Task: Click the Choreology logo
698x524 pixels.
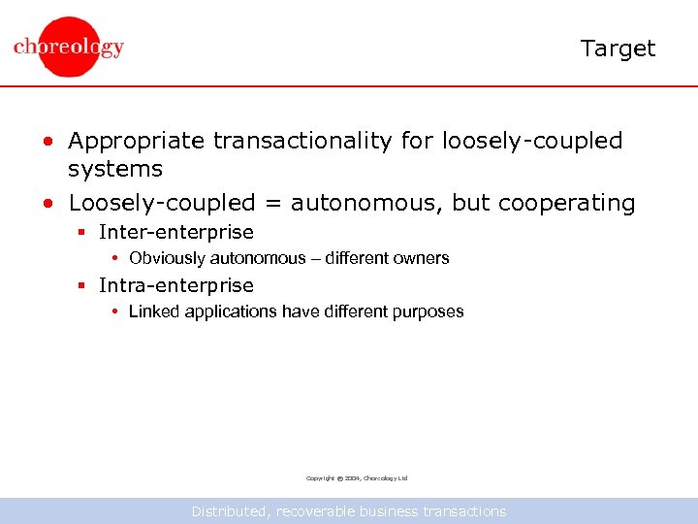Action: point(69,47)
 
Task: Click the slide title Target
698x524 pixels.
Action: point(618,49)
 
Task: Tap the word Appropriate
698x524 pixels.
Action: point(137,142)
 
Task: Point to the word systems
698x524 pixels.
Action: point(114,169)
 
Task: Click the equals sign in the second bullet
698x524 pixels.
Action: point(271,204)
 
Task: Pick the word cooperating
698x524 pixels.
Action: point(566,204)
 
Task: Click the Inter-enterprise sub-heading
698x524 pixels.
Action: point(176,232)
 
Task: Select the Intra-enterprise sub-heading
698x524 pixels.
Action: point(176,285)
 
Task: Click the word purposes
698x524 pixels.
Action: point(426,311)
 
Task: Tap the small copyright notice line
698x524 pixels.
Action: point(357,478)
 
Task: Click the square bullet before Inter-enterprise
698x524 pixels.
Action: point(83,233)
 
